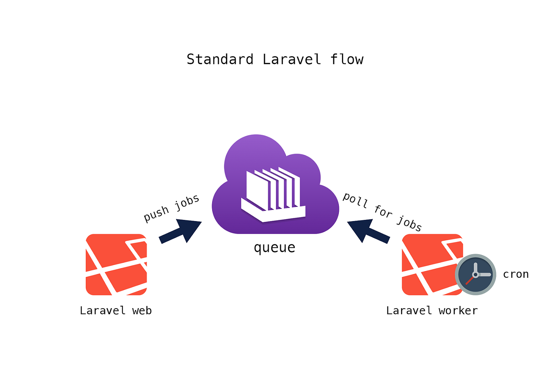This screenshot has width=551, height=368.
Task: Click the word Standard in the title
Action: pos(220,59)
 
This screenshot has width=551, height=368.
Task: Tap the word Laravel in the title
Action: pos(292,59)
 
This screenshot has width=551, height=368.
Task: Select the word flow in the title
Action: pos(347,59)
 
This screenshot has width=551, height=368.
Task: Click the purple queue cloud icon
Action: pos(275,185)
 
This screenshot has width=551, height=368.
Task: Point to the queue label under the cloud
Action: pos(274,247)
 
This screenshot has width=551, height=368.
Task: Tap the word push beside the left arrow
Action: pos(156,214)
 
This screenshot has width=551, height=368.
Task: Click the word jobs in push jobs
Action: pos(187,202)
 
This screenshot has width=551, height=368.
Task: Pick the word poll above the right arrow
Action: pos(355,200)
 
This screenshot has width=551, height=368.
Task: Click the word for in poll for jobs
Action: pos(383,212)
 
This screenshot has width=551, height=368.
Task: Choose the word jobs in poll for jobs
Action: pos(409,223)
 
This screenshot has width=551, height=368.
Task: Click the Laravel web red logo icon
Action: pos(116,264)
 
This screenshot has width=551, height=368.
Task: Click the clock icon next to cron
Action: pos(475,274)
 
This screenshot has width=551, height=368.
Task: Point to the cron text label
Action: pos(516,274)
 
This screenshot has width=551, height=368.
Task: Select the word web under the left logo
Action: pos(142,311)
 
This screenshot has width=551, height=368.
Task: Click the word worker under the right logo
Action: pos(458,311)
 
